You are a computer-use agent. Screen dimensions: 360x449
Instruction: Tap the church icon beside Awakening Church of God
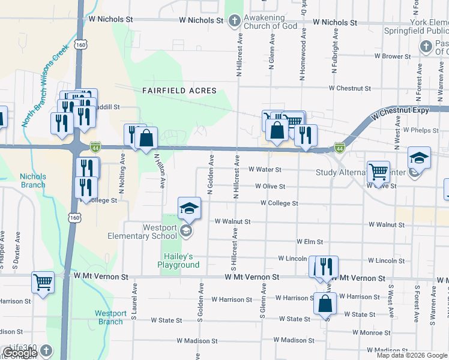[234, 22]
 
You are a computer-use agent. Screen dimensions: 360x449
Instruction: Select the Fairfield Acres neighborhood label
[179, 91]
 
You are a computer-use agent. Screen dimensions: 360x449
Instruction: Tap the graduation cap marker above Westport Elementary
[190, 208]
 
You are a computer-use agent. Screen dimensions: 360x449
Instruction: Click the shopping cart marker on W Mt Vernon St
[43, 282]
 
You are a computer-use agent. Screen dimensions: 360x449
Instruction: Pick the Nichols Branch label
[32, 181]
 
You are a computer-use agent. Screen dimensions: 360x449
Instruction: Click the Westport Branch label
[110, 317]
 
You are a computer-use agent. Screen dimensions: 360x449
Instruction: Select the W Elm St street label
[310, 242]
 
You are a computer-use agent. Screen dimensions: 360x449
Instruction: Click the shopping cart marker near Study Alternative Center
[378, 172]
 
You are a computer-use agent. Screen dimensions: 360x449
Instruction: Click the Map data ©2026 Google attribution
[412, 355]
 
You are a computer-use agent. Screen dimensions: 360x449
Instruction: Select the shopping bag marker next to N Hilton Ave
[146, 138]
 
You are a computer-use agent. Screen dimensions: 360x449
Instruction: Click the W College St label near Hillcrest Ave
[279, 203]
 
